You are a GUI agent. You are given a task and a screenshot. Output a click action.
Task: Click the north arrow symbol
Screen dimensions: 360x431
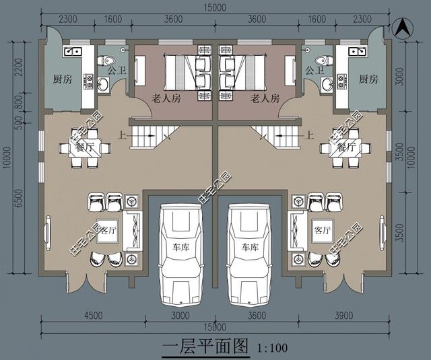[x=401, y=29]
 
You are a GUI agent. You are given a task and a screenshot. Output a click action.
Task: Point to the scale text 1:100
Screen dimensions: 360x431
[x=272, y=348]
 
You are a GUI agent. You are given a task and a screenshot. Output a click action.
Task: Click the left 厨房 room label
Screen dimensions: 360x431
[x=62, y=79]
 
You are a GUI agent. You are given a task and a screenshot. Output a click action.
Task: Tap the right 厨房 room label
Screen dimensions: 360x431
[x=368, y=79]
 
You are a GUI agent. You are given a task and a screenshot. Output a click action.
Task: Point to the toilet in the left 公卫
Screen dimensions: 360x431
[x=108, y=61]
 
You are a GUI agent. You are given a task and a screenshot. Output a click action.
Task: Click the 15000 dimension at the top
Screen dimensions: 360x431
[x=215, y=8]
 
